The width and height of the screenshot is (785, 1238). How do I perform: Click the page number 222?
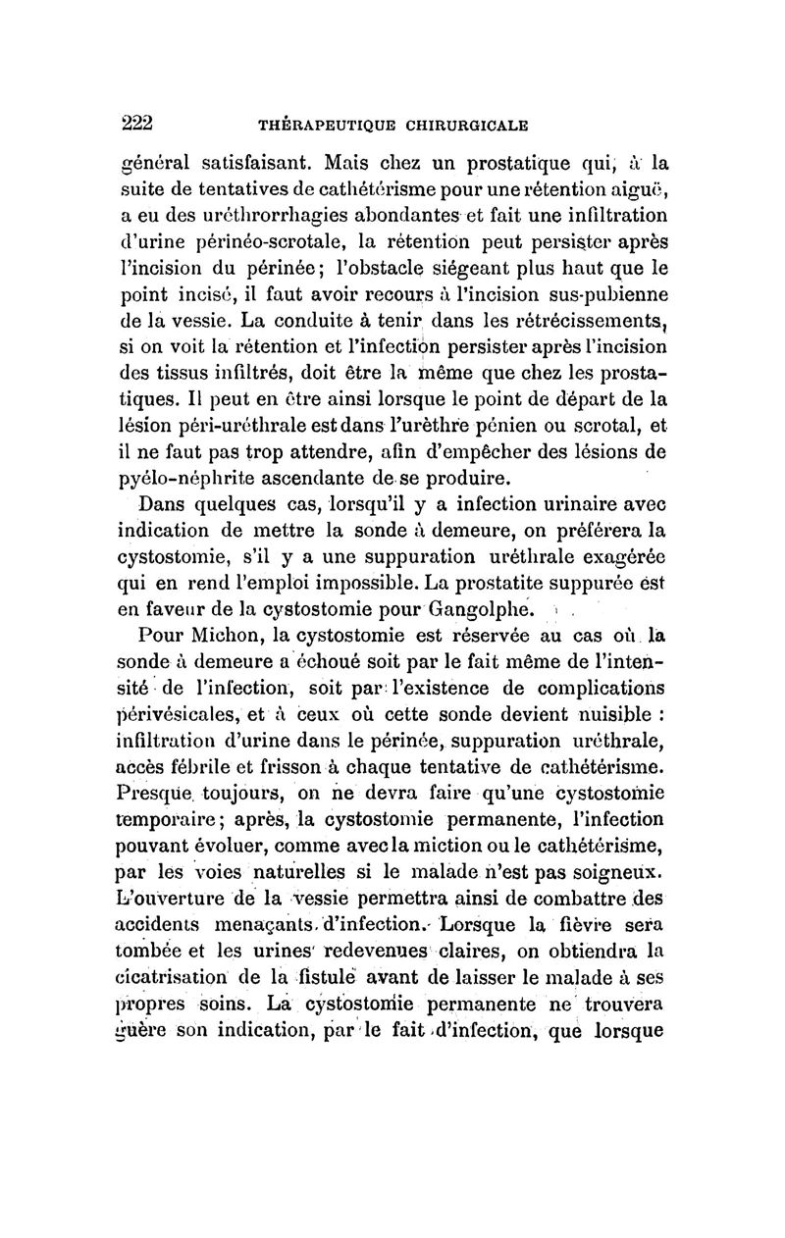coord(138,123)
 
